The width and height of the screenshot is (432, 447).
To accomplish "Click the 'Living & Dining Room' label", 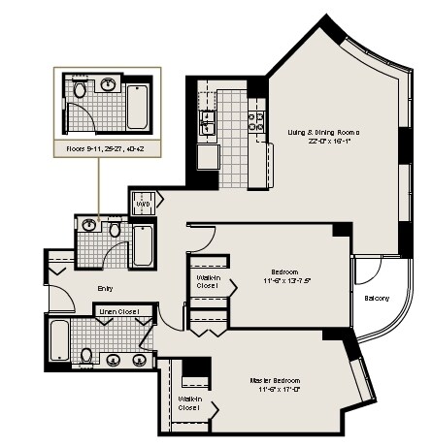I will (x=323, y=132).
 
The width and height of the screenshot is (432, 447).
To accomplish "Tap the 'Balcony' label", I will (x=377, y=298).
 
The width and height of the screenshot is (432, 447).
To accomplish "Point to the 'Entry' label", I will (x=106, y=288).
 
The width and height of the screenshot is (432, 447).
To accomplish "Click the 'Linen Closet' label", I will (x=118, y=311).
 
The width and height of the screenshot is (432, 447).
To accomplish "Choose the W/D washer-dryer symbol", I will (x=142, y=206).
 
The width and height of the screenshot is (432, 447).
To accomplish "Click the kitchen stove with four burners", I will (x=256, y=120).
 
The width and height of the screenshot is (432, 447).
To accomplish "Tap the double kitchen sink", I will (x=207, y=121).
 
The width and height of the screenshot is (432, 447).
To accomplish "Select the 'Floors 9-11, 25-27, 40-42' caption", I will (x=106, y=150).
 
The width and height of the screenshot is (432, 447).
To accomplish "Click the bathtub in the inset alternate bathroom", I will (x=137, y=107).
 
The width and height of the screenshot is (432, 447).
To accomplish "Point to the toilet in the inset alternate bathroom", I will (x=80, y=89).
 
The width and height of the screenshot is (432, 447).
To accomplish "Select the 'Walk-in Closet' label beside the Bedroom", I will (x=208, y=281).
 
